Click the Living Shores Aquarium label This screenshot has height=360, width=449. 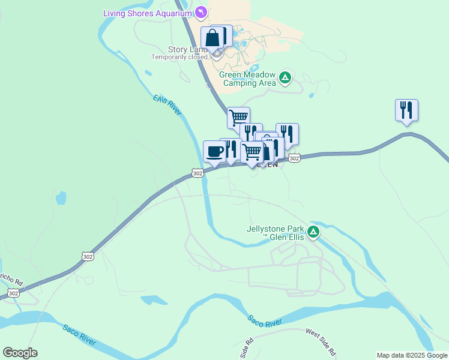click(148, 13)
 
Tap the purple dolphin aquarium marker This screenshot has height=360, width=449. click(202, 12)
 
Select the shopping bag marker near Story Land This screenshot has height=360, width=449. click(212, 38)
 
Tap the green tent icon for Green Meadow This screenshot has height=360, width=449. click(285, 77)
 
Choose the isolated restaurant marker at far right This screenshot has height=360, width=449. click(406, 110)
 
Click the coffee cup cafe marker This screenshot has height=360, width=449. click(214, 151)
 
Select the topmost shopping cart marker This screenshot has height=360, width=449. click(238, 117)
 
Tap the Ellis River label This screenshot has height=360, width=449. click(167, 104)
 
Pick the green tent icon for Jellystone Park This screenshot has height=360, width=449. click(313, 232)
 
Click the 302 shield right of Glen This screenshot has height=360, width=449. click(294, 158)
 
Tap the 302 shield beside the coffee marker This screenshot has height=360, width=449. click(197, 173)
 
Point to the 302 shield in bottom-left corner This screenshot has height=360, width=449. click(13, 293)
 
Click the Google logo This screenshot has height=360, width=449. click(20, 353)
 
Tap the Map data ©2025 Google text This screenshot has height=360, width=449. click(412, 355)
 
